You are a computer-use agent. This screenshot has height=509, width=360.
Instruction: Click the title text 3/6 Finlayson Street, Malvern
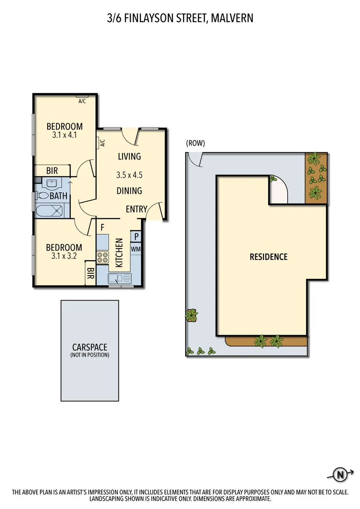point(180,19)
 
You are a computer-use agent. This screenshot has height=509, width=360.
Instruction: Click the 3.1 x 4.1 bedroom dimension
point(64,135)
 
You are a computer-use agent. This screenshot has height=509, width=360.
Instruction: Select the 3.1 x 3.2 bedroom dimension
point(64,256)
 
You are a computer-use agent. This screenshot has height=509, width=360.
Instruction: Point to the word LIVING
point(129,156)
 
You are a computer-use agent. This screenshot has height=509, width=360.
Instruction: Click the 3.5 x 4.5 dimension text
point(129,175)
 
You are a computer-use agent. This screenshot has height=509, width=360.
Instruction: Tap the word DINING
point(129,191)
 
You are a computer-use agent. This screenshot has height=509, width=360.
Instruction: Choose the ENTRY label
point(137,209)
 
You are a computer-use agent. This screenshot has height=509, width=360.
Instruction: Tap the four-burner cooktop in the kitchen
point(103,257)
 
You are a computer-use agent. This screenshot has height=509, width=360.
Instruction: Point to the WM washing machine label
point(136,249)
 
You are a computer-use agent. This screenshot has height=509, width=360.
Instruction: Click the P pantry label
point(137,236)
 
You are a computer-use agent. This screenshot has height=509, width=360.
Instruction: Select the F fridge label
point(102,227)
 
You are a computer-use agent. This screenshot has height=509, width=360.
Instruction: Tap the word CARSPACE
point(89,347)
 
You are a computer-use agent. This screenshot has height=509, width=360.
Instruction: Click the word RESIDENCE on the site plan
point(268,257)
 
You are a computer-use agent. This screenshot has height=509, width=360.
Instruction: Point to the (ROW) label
point(196,143)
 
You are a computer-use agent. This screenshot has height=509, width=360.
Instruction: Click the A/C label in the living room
point(102,143)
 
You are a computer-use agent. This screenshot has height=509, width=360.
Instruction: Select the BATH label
point(58,196)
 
